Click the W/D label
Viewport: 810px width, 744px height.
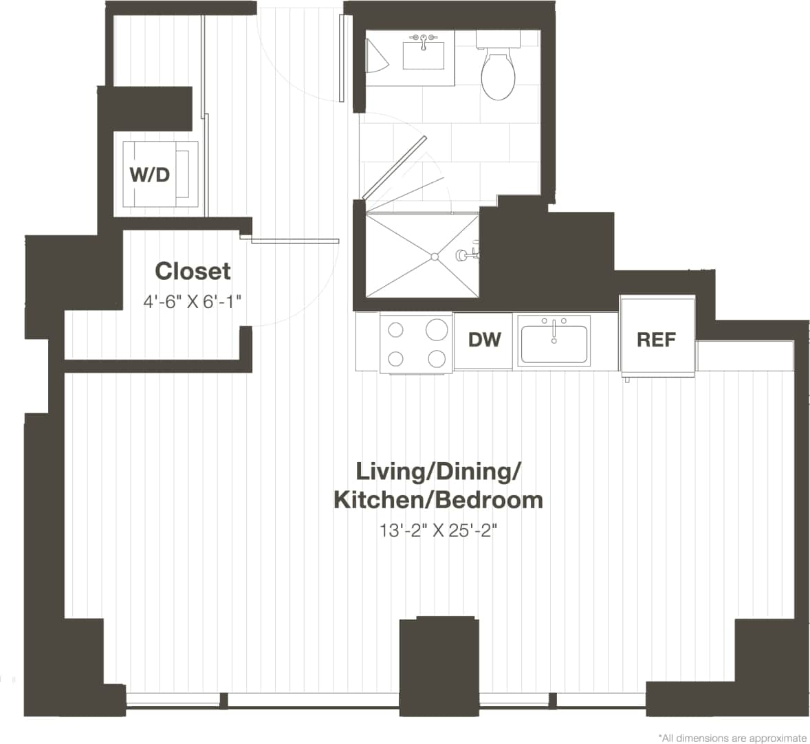pyautogui.click(x=150, y=175)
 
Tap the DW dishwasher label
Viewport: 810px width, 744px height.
pyautogui.click(x=485, y=339)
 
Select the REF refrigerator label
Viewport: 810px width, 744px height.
pyautogui.click(x=656, y=339)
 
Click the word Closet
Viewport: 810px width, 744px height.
pyautogui.click(x=193, y=271)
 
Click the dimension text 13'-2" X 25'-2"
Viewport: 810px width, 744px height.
pyautogui.click(x=438, y=530)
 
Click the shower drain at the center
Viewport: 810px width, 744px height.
pyautogui.click(x=434, y=256)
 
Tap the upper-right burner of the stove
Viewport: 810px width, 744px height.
pyautogui.click(x=436, y=330)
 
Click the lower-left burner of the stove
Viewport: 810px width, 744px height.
pyautogui.click(x=395, y=358)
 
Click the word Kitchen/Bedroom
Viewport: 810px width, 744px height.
pyautogui.click(x=438, y=500)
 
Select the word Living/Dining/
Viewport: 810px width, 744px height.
pyautogui.click(x=438, y=472)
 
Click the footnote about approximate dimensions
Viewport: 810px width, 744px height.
pyautogui.click(x=732, y=738)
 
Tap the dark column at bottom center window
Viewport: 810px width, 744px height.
pyautogui.click(x=438, y=667)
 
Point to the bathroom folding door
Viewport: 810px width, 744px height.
pyautogui.click(x=395, y=165)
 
